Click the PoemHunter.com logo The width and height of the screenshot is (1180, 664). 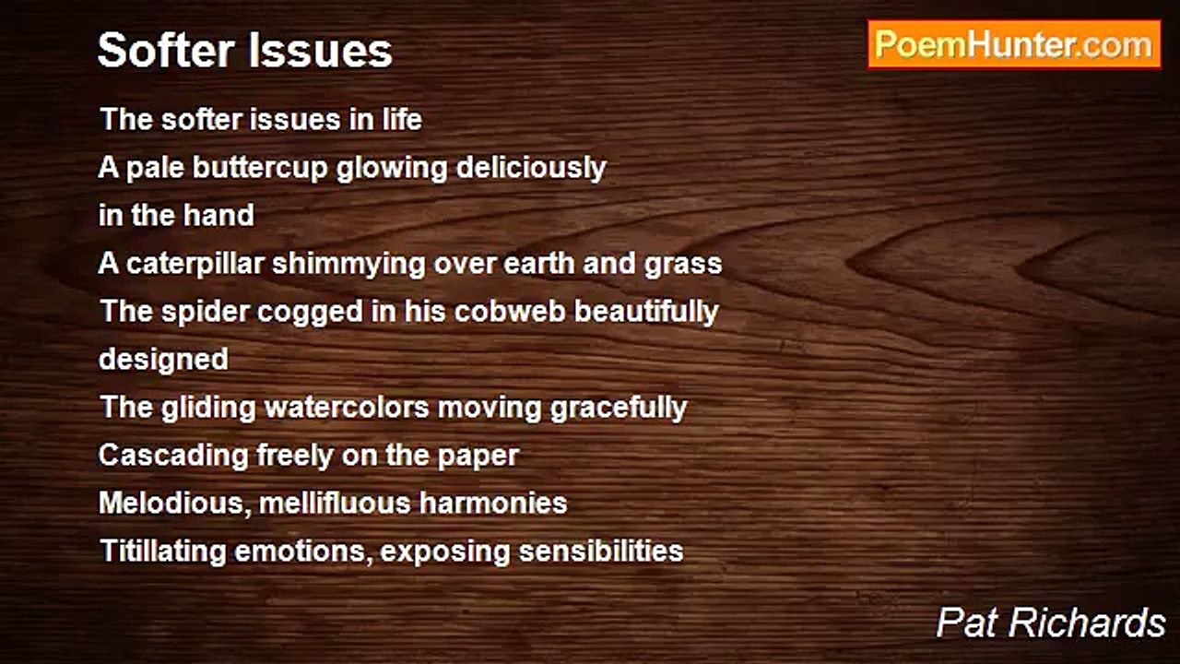(1014, 44)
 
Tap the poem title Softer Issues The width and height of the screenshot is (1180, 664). (245, 50)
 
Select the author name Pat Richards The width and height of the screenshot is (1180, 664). (1051, 622)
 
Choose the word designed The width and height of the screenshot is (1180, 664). (163, 359)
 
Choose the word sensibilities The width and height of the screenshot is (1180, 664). (601, 551)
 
